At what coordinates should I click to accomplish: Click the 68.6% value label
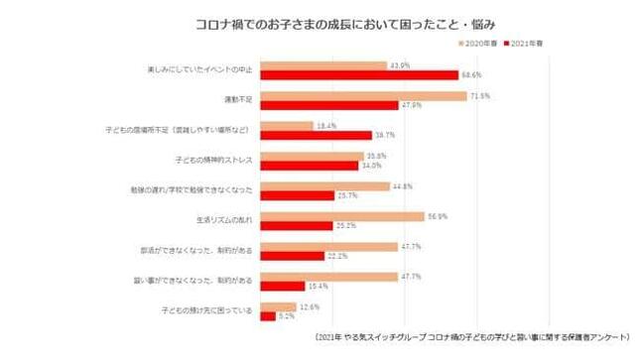(x=469, y=75)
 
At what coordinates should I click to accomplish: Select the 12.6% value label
(x=310, y=306)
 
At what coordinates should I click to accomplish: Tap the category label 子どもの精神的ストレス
(x=214, y=160)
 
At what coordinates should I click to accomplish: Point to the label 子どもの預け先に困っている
(x=206, y=311)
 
